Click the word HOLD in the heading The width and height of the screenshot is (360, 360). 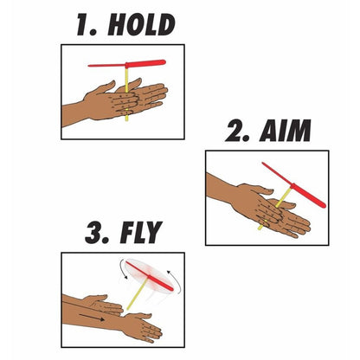tap(141, 25)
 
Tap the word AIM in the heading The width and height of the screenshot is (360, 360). tap(286, 131)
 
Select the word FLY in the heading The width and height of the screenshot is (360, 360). tap(141, 233)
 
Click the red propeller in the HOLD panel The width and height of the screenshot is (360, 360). tap(127, 64)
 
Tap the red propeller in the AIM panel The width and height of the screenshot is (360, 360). tap(294, 185)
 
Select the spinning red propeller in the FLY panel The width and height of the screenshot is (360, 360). tap(150, 276)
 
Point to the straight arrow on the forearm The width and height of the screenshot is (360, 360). tap(92, 317)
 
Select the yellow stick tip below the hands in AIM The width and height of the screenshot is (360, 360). tap(260, 227)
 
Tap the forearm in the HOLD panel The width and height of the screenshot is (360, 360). tap(74, 114)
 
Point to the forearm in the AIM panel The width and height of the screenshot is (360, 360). tap(221, 188)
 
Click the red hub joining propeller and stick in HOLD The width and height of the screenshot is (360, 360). tap(126, 65)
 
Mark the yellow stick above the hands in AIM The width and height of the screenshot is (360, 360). tap(284, 197)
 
